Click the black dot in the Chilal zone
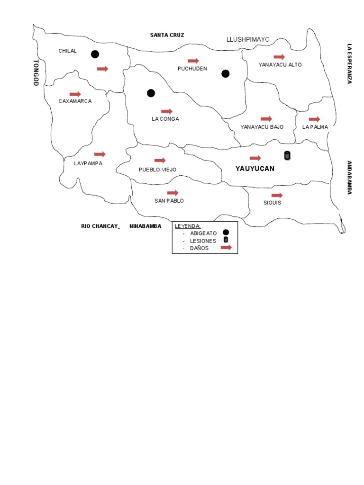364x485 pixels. click(x=95, y=54)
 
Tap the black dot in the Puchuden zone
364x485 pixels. click(x=226, y=73)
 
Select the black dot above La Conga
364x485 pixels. click(x=151, y=93)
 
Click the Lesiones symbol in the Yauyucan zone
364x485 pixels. click(x=287, y=155)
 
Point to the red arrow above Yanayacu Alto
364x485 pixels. click(x=279, y=57)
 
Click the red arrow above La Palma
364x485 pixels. click(x=314, y=119)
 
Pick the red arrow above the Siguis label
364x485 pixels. click(x=277, y=195)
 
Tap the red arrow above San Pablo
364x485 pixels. click(x=173, y=193)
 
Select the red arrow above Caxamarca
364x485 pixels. click(x=75, y=94)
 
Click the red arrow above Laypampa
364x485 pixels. click(x=100, y=154)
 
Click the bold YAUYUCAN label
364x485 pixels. click(x=255, y=169)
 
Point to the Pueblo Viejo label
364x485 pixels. click(x=157, y=170)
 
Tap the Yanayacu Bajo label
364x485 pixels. click(x=262, y=127)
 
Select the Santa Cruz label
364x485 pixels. click(x=167, y=35)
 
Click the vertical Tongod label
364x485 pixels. click(x=36, y=73)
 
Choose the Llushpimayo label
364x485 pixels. click(x=248, y=39)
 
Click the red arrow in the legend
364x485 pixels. click(x=226, y=247)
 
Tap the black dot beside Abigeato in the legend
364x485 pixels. click(x=226, y=232)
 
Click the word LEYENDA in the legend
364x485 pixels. click(x=188, y=226)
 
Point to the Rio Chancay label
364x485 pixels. click(x=100, y=226)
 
